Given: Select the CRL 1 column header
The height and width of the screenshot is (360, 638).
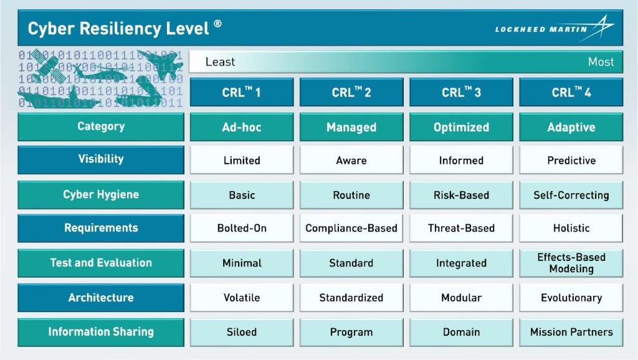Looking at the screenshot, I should click(242, 93).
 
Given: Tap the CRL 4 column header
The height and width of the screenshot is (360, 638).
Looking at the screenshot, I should click(571, 93).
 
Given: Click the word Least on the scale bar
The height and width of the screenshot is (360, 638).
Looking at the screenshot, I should click(220, 62).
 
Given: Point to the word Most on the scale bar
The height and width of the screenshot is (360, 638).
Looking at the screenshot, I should click(601, 62).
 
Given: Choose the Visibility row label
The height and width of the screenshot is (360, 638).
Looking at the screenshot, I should click(101, 159).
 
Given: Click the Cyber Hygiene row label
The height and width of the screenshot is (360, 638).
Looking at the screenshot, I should click(101, 194).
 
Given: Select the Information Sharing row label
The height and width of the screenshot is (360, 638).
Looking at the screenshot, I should click(101, 332).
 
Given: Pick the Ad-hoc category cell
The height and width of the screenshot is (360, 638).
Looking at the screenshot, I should click(242, 127).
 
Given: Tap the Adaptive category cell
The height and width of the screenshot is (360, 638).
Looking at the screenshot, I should click(571, 127).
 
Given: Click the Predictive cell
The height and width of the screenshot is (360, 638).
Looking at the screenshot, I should click(571, 161).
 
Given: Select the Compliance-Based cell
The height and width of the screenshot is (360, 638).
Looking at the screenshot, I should click(351, 228).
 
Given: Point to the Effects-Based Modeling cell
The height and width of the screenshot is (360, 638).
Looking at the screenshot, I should click(571, 263).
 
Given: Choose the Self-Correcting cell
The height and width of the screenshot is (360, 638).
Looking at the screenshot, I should click(571, 195).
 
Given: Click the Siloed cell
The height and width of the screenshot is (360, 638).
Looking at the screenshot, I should click(242, 332).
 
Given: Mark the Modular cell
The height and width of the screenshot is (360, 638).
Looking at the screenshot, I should click(461, 298).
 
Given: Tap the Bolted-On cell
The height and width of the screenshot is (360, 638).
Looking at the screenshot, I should click(242, 228).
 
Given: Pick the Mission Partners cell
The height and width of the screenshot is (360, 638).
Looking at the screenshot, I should click(571, 332).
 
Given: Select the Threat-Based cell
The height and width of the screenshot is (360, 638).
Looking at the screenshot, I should click(461, 228).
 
